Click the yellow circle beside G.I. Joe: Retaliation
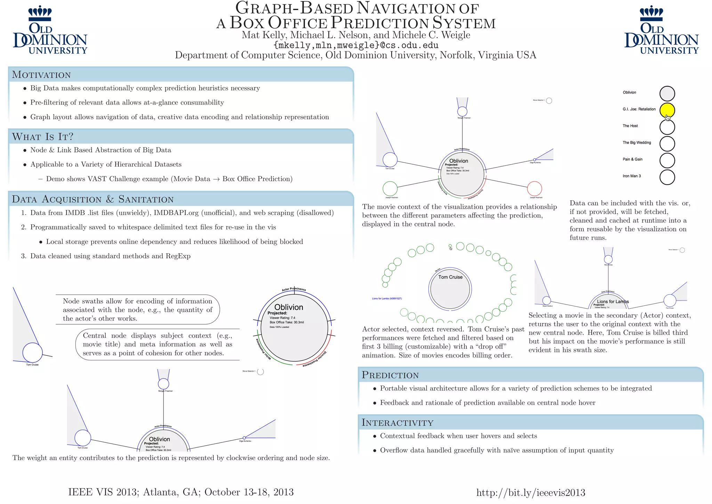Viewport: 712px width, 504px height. pos(667,110)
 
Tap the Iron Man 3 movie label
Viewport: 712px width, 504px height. pos(631,176)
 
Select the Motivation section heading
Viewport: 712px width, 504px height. pos(41,75)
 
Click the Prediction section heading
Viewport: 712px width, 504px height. pos(390,375)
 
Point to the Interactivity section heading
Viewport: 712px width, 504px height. pos(397,423)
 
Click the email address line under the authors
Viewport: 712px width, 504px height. pos(356,45)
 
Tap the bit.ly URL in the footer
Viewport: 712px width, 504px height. pos(531,493)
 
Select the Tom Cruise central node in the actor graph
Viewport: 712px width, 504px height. pos(450,289)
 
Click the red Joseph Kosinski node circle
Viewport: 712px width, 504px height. pos(534,189)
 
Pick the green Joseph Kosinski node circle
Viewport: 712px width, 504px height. pos(390,189)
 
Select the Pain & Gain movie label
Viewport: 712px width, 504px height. pos(632,159)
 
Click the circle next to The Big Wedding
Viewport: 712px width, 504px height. pos(667,143)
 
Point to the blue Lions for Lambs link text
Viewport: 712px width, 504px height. pos(387,298)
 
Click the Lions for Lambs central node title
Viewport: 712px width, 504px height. pos(613,302)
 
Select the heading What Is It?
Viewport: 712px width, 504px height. pos(43,137)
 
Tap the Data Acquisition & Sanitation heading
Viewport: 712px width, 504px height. pos(92,199)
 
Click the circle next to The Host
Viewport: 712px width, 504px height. pos(667,127)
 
